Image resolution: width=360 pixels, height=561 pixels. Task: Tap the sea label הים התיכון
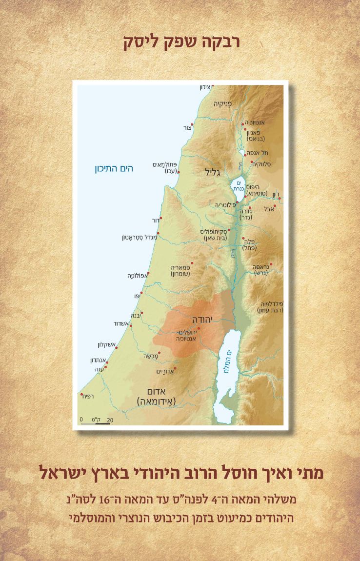114,169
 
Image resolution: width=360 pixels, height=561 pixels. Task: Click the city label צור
187,128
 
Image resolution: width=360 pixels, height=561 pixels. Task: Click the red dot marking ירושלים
199,329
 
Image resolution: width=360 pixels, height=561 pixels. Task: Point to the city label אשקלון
106,345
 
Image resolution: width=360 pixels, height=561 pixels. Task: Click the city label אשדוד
120,323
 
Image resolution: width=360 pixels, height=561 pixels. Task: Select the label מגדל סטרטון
139,238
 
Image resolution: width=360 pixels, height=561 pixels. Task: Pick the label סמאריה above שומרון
180,267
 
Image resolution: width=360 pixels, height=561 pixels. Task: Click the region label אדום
157,391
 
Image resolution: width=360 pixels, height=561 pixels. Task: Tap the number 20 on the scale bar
110,420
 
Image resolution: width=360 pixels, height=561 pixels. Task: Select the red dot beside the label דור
160,218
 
